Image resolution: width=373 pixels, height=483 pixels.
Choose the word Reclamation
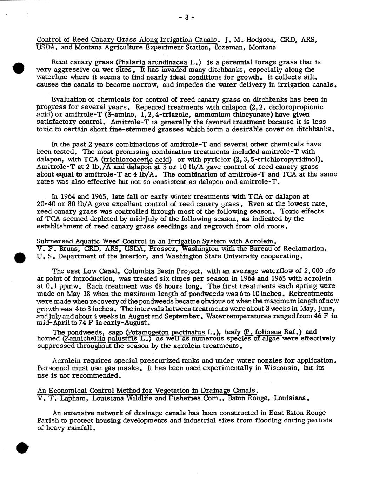pos(304,249)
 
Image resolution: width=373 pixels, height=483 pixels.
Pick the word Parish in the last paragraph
pos(47,420)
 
